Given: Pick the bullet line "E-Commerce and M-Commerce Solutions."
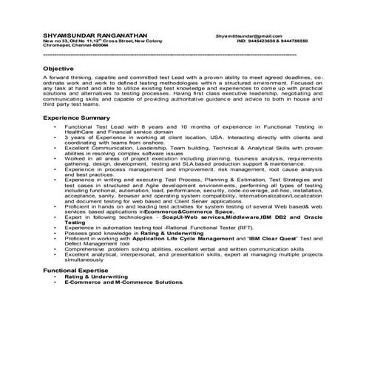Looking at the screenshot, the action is [144, 282].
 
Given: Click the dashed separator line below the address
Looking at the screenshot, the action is [170, 55].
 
